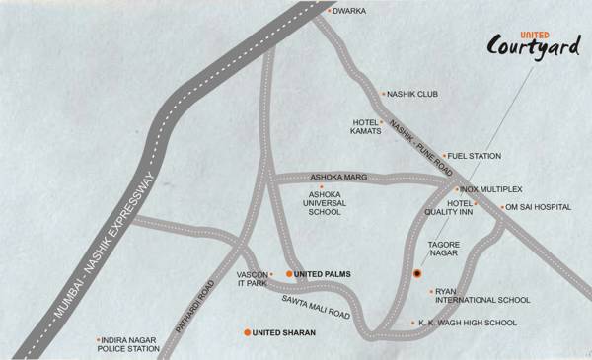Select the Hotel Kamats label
click(x=367, y=128)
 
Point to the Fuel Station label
click(x=476, y=156)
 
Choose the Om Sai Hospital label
click(x=539, y=208)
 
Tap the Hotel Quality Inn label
click(x=452, y=208)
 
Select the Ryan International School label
click(x=480, y=294)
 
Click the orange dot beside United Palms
click(x=289, y=273)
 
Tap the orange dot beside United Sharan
click(x=247, y=333)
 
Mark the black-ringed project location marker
click(x=417, y=273)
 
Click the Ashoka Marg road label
click(x=338, y=178)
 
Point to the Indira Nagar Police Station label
click(x=128, y=343)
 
